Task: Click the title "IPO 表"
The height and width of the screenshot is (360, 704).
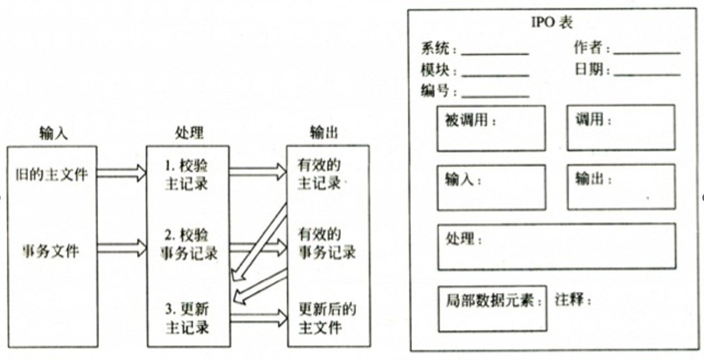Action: (551, 23)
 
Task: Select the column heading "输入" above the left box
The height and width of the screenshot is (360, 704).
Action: (53, 133)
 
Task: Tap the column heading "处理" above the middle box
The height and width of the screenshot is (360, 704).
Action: (188, 133)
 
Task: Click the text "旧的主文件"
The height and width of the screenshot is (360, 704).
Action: (52, 174)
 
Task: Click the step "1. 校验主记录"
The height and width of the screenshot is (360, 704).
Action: (187, 174)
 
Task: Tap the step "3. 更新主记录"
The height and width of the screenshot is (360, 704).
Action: (187, 318)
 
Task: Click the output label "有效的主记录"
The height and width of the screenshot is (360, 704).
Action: (320, 174)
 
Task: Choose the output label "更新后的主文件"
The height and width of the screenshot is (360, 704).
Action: (327, 318)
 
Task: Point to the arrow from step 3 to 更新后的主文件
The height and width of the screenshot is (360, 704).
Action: (258, 318)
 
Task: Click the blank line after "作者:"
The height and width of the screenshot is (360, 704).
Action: (647, 53)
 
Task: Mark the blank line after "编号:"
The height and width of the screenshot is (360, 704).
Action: (495, 96)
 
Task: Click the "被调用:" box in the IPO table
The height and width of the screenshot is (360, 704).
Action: (491, 128)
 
